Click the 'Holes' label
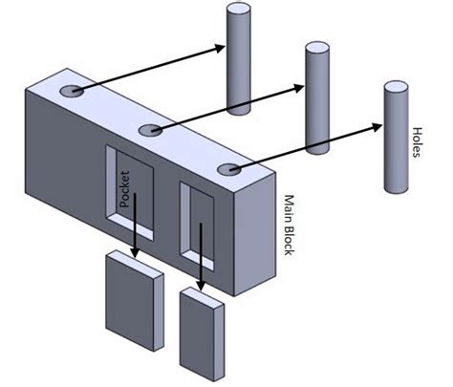(x=417, y=142)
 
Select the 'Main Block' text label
(x=289, y=225)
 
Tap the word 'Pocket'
(x=124, y=189)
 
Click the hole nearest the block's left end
(x=72, y=91)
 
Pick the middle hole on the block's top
(x=151, y=130)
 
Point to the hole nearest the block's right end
(x=229, y=169)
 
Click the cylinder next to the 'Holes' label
(x=396, y=137)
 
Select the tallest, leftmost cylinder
(x=239, y=58)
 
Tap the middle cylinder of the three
(x=317, y=98)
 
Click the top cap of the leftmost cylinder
(x=239, y=9)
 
